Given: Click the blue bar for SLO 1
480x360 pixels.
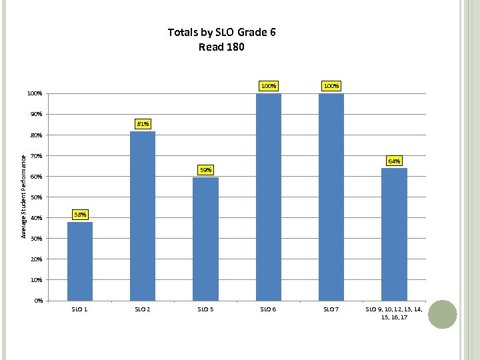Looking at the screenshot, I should coord(80,261).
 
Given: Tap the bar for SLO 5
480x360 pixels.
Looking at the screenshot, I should coord(205,238).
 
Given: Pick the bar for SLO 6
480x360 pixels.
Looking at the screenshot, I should coord(269,197).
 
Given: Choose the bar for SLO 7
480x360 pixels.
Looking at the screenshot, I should coord(331,197).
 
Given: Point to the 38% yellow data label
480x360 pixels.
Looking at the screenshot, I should coord(80,215).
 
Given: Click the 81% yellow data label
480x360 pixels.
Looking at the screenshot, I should coord(143,124).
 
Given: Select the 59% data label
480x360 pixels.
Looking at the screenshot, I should coord(206,170).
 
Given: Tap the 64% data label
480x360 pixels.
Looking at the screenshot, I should coord(394,161).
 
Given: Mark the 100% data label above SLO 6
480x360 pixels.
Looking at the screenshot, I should coord(269,86).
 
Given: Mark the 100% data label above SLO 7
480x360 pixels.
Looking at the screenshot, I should coord(331,86).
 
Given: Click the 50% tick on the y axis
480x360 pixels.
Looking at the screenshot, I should coord(36,197).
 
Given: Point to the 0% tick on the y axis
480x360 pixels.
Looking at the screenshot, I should coord(38,301).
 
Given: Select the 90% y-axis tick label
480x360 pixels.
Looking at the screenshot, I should coord(36,115).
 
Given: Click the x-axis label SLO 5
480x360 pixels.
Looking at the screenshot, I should coord(205,309).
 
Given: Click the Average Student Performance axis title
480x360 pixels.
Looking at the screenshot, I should coord(23,197).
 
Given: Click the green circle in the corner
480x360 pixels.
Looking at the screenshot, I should coord(442,314).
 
